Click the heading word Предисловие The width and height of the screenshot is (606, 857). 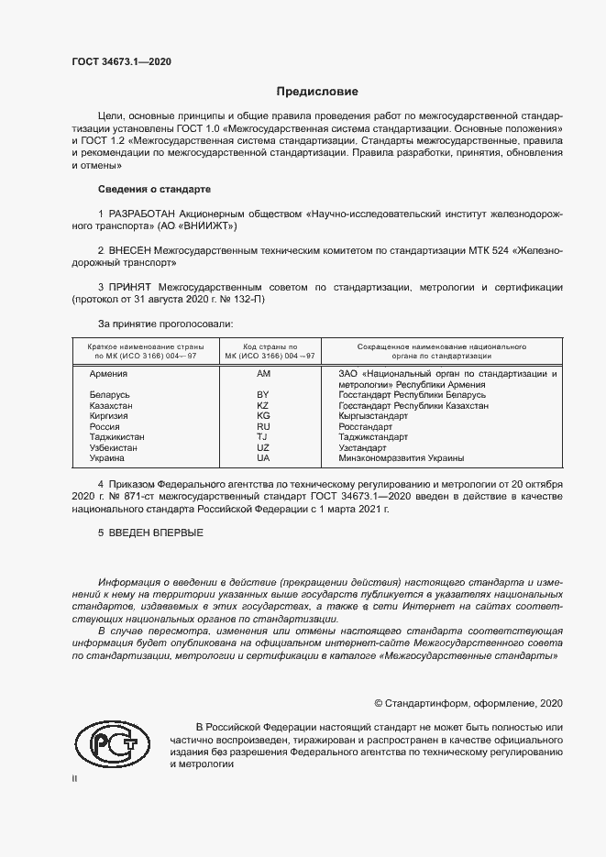coord(317,92)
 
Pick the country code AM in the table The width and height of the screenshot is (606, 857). coord(263,374)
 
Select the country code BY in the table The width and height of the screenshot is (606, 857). coord(263,394)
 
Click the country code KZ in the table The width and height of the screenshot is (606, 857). coord(263,405)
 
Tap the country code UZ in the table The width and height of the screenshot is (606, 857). coord(263,447)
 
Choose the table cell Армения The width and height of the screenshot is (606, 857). coord(108,374)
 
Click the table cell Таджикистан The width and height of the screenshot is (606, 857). coord(116,437)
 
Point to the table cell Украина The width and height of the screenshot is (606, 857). coord(107,457)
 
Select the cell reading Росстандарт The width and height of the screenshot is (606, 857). coord(365,426)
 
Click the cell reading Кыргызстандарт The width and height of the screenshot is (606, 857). coord(373,416)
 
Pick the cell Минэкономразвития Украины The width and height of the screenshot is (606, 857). coord(401,457)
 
